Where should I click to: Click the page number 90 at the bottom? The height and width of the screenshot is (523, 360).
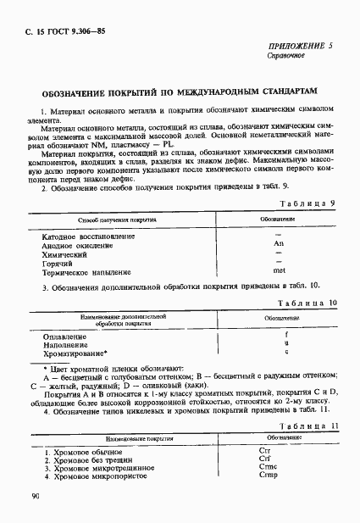(x=35, y=498)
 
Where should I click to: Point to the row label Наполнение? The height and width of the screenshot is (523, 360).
(x=64, y=344)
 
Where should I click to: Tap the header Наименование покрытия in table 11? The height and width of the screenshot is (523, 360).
(x=135, y=441)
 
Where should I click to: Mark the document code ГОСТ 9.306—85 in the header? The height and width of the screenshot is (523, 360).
(x=59, y=31)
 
